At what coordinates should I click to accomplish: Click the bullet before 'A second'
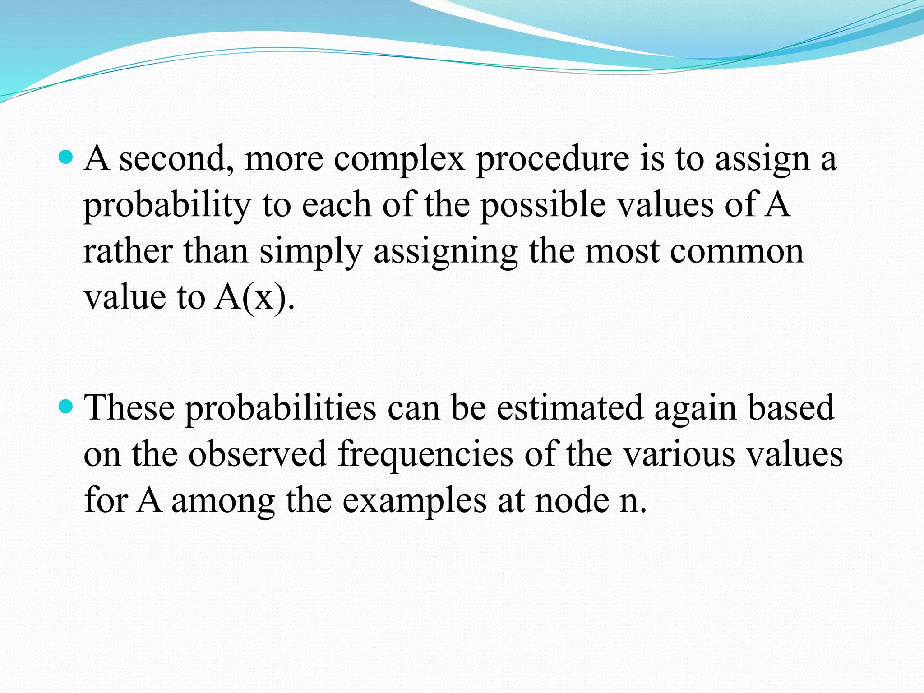point(66,157)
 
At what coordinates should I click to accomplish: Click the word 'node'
point(572,501)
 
